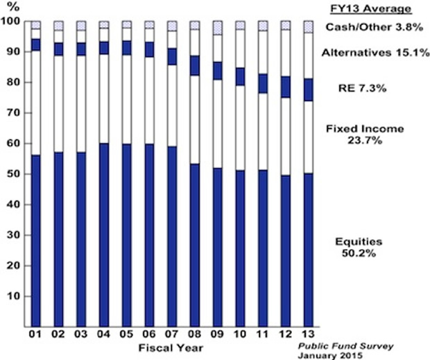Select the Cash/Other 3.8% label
369,28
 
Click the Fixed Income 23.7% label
369,134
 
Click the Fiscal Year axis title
171,347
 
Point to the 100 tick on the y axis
15,22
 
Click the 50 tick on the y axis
17,174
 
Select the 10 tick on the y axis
17,296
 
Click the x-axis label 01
35,335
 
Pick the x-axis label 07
171,335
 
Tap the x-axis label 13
308,335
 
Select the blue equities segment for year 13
308,250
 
